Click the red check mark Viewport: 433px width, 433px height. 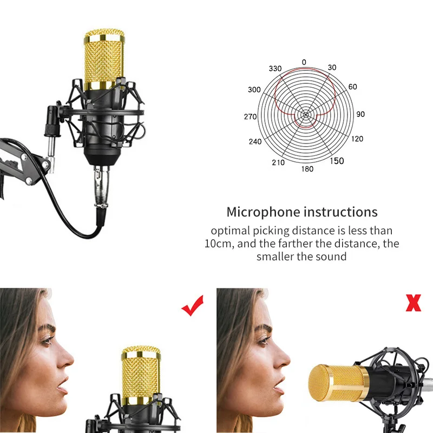(x=192, y=306)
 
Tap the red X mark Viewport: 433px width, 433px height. (x=413, y=304)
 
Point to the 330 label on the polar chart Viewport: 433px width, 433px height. (x=275, y=69)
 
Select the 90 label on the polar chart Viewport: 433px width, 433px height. (x=360, y=115)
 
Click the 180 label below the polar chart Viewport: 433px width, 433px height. (x=307, y=169)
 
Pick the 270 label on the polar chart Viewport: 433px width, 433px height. (x=250, y=117)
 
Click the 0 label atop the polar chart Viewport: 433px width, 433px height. (x=304, y=62)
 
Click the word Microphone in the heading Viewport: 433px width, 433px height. (x=264, y=212)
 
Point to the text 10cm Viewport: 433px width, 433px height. (x=219, y=244)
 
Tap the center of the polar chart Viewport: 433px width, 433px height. (x=305, y=115)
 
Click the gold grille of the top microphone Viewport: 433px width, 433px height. (x=105, y=60)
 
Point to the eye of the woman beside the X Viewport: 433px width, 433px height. (x=263, y=340)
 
